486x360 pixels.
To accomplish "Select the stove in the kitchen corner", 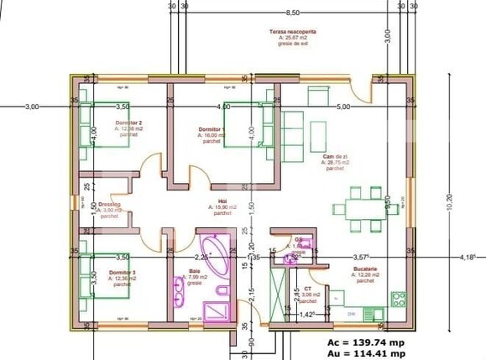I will (398, 298).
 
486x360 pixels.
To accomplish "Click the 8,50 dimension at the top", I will (292, 13).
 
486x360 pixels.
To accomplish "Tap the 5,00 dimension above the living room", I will (343, 107).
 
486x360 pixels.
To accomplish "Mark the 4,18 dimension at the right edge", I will (467, 257).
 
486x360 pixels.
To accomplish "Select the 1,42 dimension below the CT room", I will (308, 314).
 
